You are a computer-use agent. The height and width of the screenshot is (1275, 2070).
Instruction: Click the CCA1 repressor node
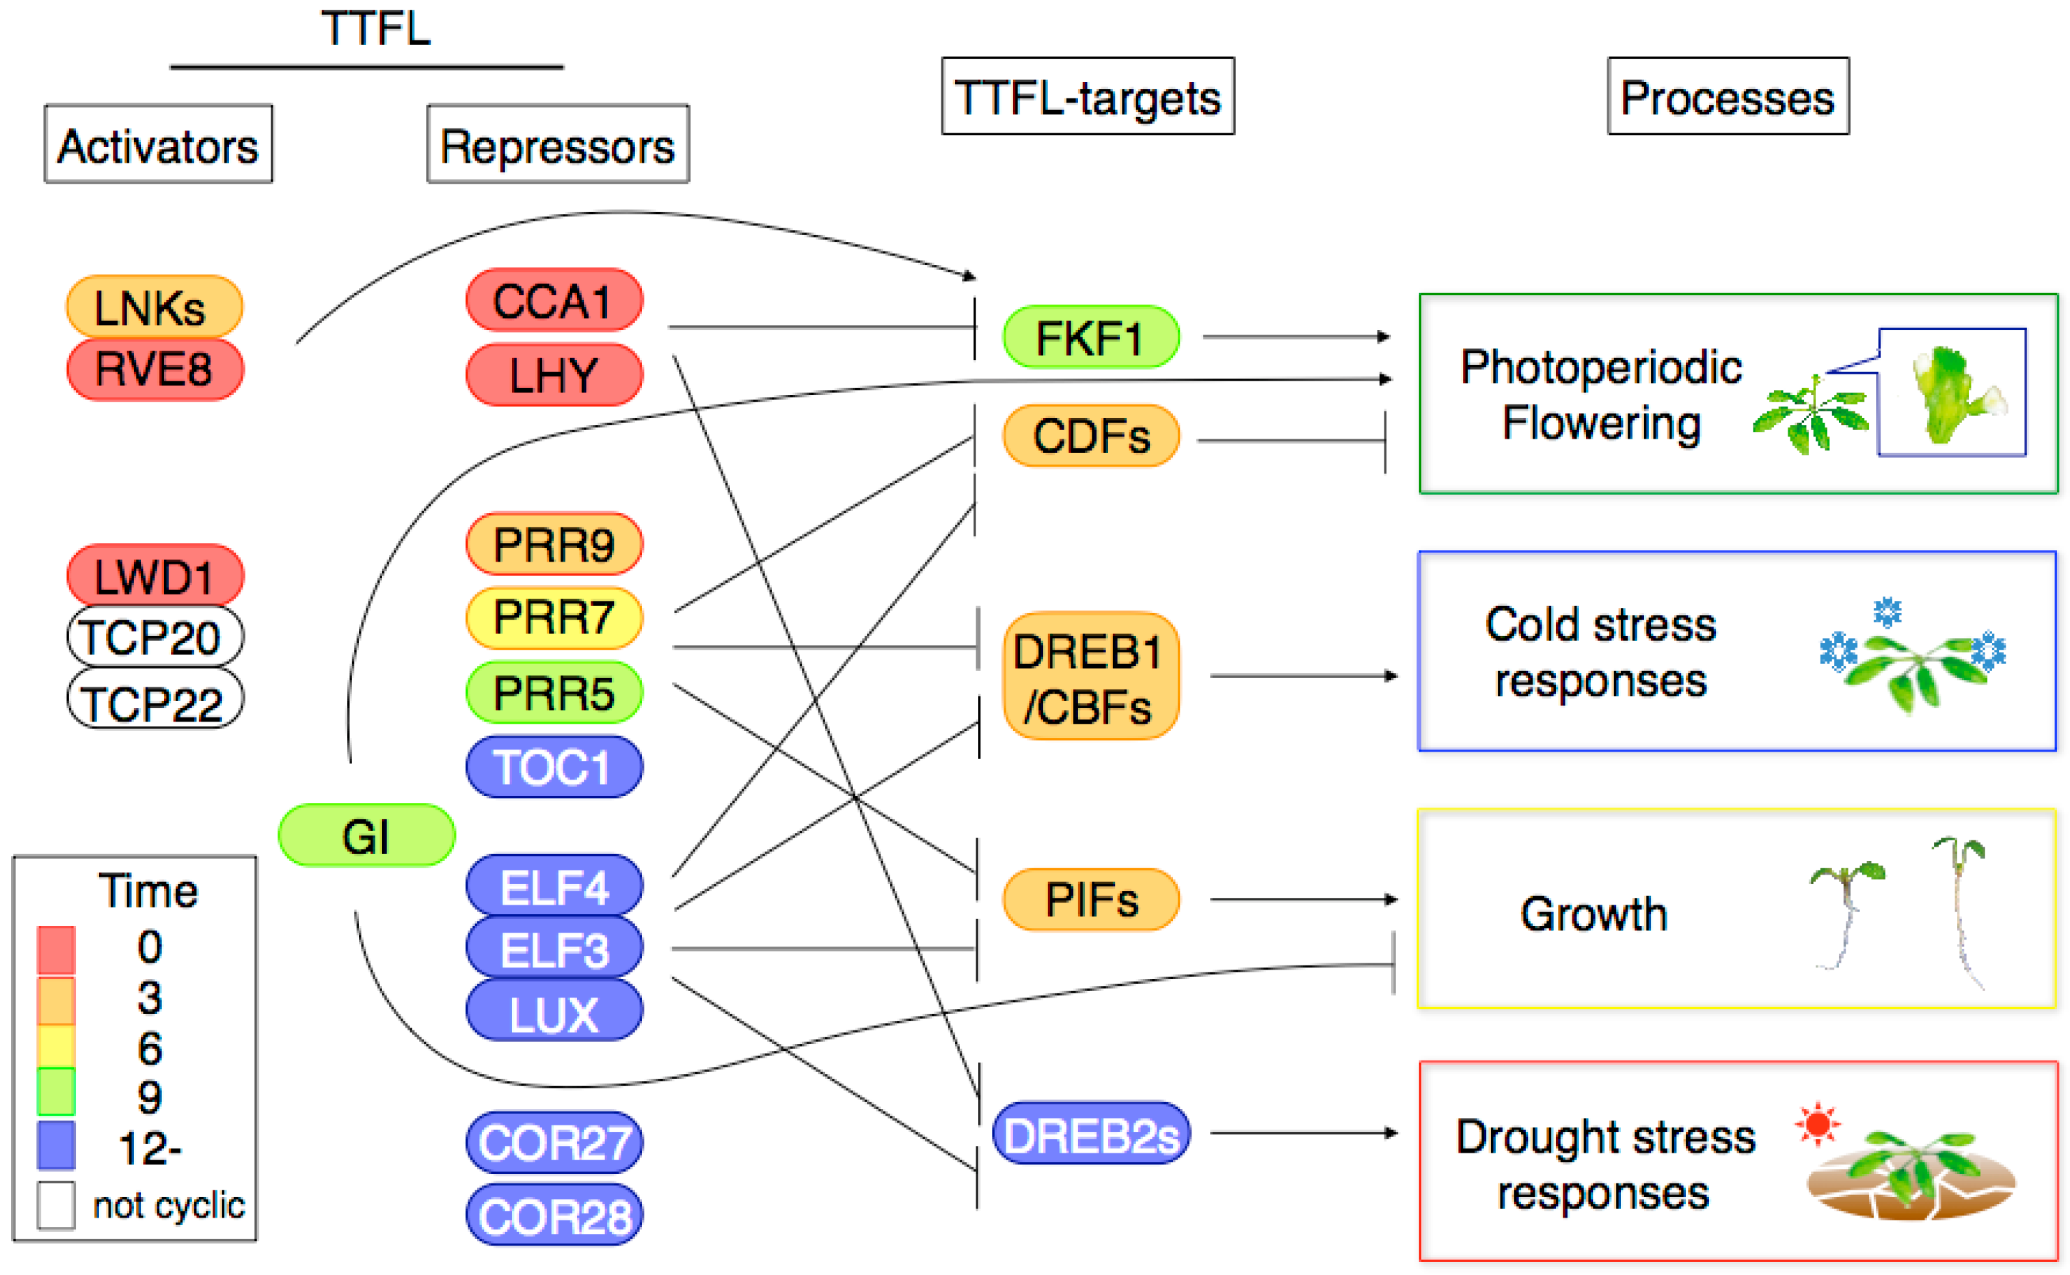pyautogui.click(x=553, y=300)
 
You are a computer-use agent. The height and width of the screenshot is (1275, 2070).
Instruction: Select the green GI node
pyautogui.click(x=366, y=836)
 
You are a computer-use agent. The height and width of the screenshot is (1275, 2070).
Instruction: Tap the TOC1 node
pyautogui.click(x=553, y=767)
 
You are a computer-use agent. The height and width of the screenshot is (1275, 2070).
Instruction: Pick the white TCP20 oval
pyautogui.click(x=154, y=637)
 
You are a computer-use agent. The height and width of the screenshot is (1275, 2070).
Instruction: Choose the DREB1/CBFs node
pyautogui.click(x=1090, y=677)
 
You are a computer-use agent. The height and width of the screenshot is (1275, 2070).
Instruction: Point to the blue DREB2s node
pyautogui.click(x=1090, y=1134)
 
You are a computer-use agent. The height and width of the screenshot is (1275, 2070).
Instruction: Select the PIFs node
pyautogui.click(x=1090, y=900)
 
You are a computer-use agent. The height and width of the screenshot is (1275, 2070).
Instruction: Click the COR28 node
pyautogui.click(x=553, y=1215)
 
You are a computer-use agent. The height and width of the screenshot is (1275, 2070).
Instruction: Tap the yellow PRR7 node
pyautogui.click(x=553, y=617)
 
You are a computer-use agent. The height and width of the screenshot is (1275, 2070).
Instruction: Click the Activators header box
pyautogui.click(x=158, y=144)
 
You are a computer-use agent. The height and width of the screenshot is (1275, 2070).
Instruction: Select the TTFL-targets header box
pyautogui.click(x=1088, y=96)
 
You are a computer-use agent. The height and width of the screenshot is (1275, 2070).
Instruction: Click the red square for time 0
pyautogui.click(x=55, y=950)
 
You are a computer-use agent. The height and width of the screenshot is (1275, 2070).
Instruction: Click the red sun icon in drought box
pyautogui.click(x=1817, y=1124)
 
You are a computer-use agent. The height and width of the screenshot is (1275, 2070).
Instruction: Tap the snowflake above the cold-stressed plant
pyautogui.click(x=1887, y=612)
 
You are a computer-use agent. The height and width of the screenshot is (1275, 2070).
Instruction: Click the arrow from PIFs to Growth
pyautogui.click(x=1303, y=900)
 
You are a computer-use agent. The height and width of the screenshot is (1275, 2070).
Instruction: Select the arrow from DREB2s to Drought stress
pyautogui.click(x=1303, y=1134)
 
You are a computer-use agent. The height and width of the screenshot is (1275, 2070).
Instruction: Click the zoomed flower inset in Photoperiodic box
pyautogui.click(x=1952, y=393)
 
